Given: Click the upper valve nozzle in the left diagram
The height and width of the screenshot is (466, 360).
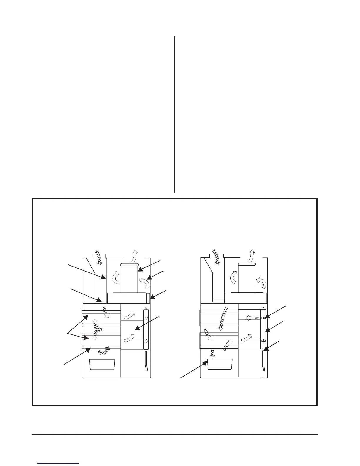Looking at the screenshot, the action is tap(146, 318).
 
